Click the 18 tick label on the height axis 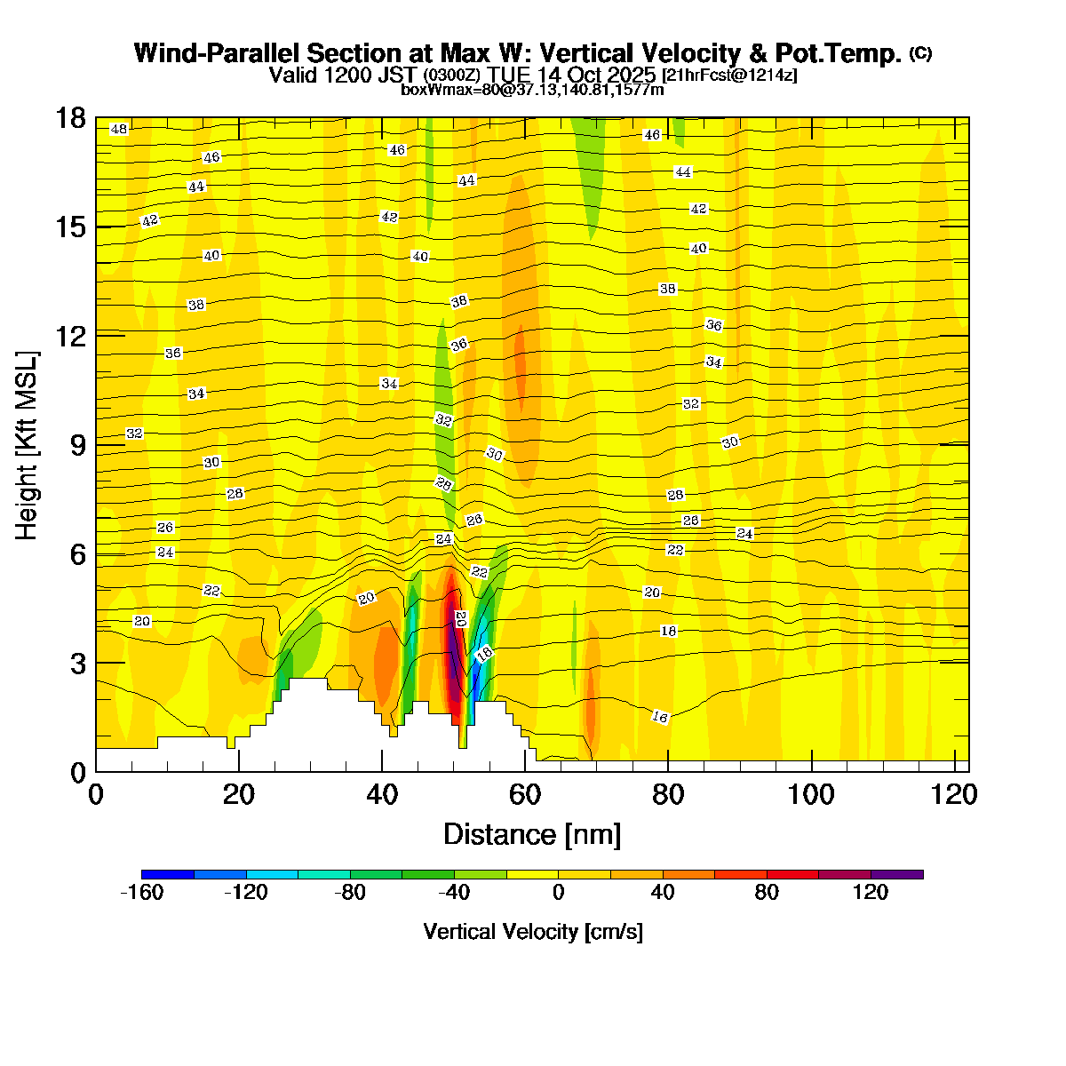pyautogui.click(x=70, y=118)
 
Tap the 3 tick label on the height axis pyautogui.click(x=78, y=663)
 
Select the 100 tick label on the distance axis pyautogui.click(x=812, y=794)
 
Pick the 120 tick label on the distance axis pyautogui.click(x=955, y=794)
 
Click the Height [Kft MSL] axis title pyautogui.click(x=28, y=445)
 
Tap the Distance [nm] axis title pyautogui.click(x=532, y=835)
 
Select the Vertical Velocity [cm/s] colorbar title pyautogui.click(x=533, y=932)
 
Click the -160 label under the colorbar pyautogui.click(x=141, y=893)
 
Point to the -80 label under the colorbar pyautogui.click(x=350, y=893)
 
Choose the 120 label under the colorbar pyautogui.click(x=871, y=893)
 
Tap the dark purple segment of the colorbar pyautogui.click(x=897, y=874)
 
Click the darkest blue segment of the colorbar pyautogui.click(x=167, y=874)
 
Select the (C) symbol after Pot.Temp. pyautogui.click(x=920, y=53)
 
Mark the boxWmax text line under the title pyautogui.click(x=532, y=89)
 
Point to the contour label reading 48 pyautogui.click(x=119, y=130)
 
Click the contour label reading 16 pyautogui.click(x=659, y=717)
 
